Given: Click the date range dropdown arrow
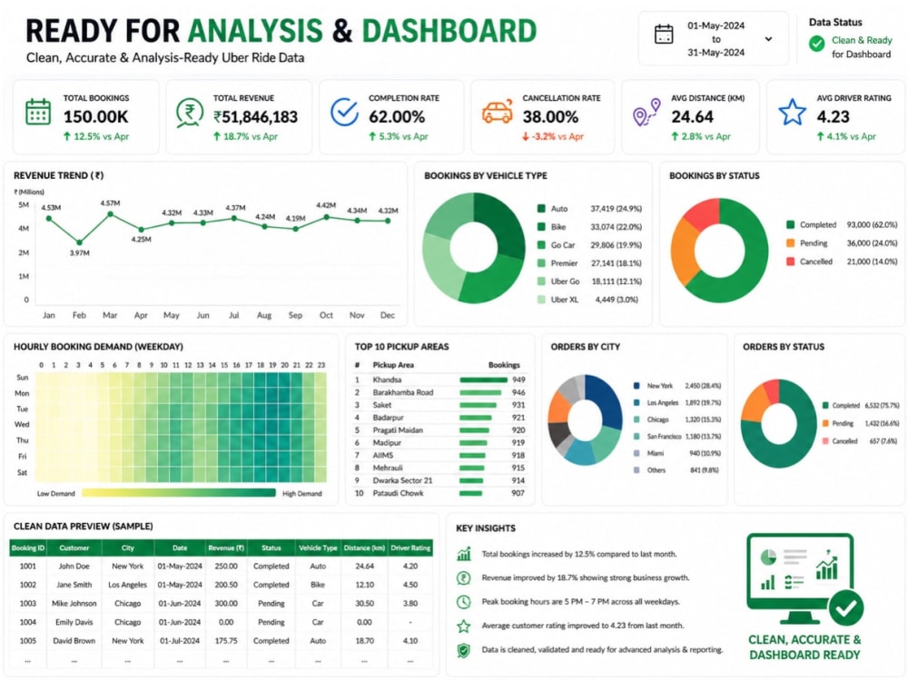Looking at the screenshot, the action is pyautogui.click(x=768, y=39).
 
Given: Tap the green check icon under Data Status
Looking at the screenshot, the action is pyautogui.click(x=816, y=44).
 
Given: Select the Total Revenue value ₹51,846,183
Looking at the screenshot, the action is pyautogui.click(x=255, y=117).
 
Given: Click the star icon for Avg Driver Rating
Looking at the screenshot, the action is pyautogui.click(x=792, y=113).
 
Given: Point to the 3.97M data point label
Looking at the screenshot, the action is pyautogui.click(x=79, y=253).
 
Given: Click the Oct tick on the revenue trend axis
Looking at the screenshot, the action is pyautogui.click(x=326, y=315).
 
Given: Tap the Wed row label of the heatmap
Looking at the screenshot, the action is pyautogui.click(x=22, y=424).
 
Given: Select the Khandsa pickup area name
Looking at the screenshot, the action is pyautogui.click(x=387, y=380).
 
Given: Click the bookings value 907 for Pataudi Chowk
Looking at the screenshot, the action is pyautogui.click(x=518, y=493).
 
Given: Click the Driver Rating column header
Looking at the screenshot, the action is pyautogui.click(x=410, y=548).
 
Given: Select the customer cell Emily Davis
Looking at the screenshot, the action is pyautogui.click(x=74, y=622).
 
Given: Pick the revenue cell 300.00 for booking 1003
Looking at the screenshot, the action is pyautogui.click(x=226, y=604).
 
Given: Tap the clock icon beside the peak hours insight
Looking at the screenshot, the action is pyautogui.click(x=463, y=602).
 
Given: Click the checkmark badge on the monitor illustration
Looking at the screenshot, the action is pyautogui.click(x=845, y=608).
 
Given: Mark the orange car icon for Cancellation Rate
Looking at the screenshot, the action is pyautogui.click(x=498, y=111).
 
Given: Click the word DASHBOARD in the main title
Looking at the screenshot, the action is pyautogui.click(x=449, y=31).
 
